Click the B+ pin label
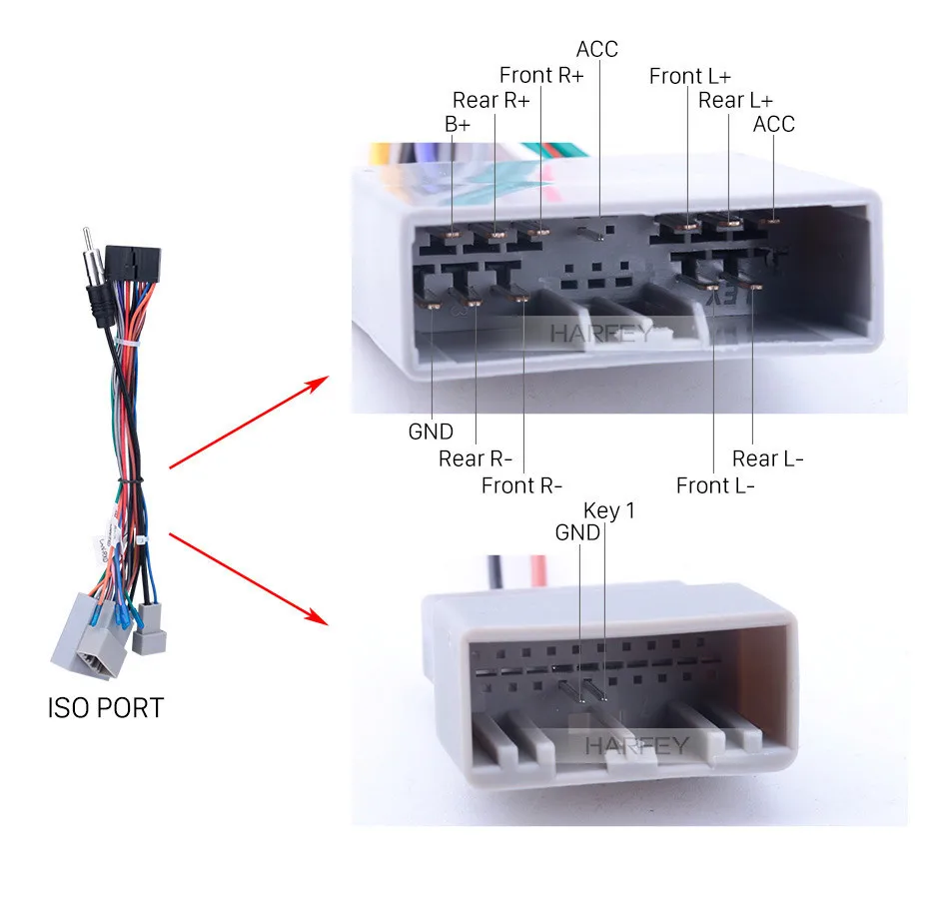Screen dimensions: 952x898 pos(458,124)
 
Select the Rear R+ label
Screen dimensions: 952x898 pos(490,100)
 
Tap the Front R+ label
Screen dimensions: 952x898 pos(541,75)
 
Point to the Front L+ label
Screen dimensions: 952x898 pos(689,76)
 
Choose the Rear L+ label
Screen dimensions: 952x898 pos(735,100)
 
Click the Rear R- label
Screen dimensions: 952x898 pos(476,458)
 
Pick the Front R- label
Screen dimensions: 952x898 pos(521,485)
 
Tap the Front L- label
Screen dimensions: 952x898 pos(715,485)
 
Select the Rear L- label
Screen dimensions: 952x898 pos(767,458)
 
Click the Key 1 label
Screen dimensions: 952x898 pos(609,510)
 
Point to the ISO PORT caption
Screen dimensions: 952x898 pos(106,708)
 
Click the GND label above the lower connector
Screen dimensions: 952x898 pos(577,532)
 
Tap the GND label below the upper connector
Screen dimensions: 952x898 pos(431,432)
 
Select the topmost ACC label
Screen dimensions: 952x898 pos(596,49)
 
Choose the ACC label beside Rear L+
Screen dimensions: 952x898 pos(773,124)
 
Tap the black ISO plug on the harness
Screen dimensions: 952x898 pos(133,264)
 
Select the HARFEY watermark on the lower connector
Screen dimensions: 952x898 pos(637,745)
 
